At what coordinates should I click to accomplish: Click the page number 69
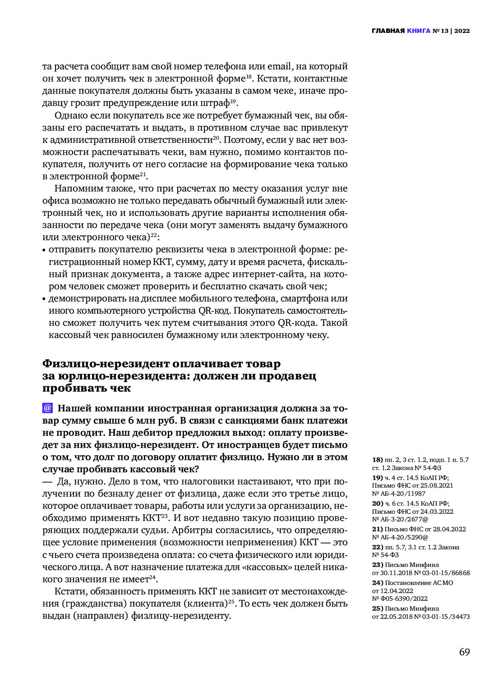[464, 652]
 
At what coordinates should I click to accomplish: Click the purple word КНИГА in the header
[418, 31]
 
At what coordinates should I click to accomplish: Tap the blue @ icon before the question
[47, 408]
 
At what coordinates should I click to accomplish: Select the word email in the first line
[280, 67]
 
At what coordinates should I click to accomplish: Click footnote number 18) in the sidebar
[377, 460]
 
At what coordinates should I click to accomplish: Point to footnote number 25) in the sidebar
[377, 608]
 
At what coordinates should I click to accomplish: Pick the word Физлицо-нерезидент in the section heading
[106, 364]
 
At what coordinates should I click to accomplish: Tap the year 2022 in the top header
[462, 31]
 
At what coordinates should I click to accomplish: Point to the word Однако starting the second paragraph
[70, 115]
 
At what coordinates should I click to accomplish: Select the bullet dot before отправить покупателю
[44, 250]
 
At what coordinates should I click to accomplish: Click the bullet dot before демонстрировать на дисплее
[44, 299]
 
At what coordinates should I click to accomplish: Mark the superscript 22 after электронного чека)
[153, 235]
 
